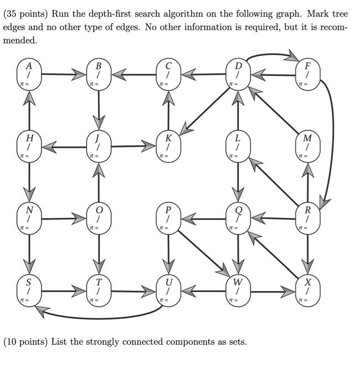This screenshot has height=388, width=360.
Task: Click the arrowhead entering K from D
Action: tap(187, 129)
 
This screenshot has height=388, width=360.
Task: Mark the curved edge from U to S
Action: tap(100, 318)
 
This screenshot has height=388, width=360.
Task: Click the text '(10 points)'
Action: tap(25, 341)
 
